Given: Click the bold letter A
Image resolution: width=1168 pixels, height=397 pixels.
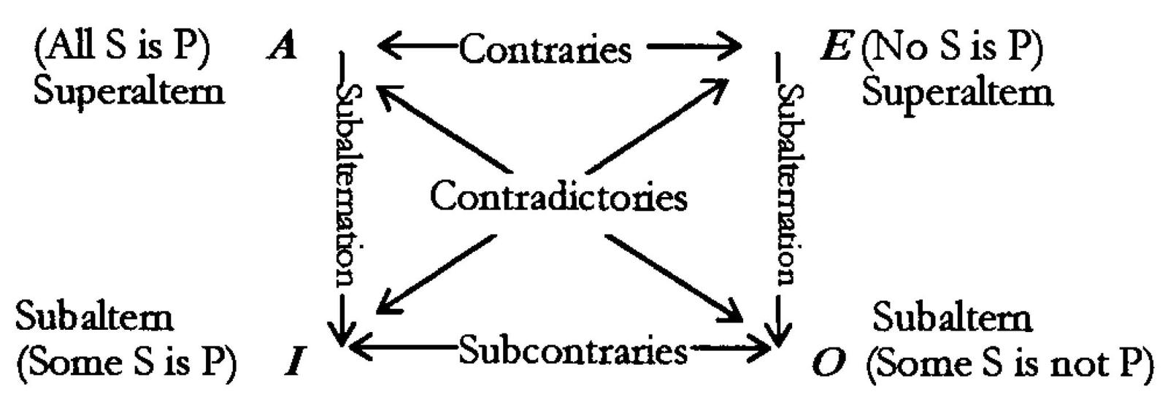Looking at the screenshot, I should (x=282, y=47).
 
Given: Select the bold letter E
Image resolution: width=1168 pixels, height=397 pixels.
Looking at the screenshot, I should (x=835, y=47).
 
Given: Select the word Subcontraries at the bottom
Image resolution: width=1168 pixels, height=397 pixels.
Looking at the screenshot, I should (x=572, y=352).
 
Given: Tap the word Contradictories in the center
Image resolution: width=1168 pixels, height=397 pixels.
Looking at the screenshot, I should (x=558, y=197).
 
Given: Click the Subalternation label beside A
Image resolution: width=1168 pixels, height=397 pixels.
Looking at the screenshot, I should (x=349, y=182).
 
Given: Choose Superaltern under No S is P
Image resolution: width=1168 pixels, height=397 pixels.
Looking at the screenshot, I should (x=957, y=93).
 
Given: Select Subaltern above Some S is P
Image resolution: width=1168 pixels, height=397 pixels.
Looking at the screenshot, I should (x=94, y=317).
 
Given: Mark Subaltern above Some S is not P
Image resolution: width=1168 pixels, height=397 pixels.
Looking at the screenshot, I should (x=952, y=317).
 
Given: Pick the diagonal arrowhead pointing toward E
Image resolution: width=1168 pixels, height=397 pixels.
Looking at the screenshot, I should (x=715, y=88).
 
